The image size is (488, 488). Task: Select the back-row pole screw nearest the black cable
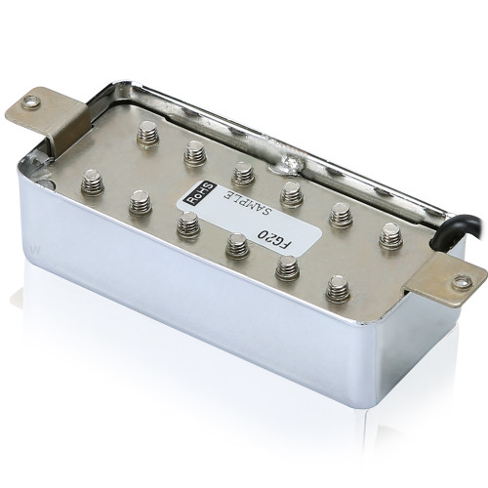click(390, 235)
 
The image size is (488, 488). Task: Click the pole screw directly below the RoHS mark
click(188, 225)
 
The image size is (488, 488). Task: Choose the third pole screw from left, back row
click(243, 173)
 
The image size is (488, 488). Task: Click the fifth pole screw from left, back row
click(340, 214)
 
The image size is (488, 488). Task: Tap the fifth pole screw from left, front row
click(287, 266)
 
